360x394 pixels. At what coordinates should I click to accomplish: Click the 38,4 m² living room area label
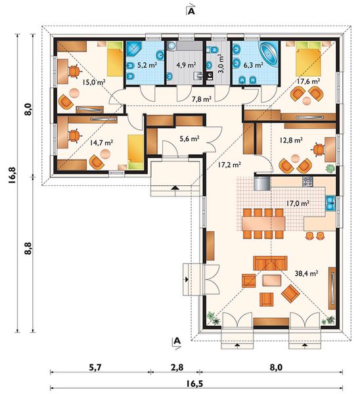coord(306,273)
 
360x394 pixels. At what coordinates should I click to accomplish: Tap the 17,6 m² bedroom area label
coord(308,81)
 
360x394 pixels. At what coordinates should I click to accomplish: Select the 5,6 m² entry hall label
coord(190,138)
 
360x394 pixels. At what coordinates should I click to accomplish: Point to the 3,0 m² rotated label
coord(221,63)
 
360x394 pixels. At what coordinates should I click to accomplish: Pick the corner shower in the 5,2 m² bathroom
coord(134,49)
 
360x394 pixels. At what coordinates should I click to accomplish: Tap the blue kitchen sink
coord(330,203)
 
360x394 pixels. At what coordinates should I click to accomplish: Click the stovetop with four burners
coord(307,181)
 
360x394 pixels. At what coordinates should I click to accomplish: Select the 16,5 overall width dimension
coord(194,384)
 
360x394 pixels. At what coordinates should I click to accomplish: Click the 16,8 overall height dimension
coord(13,176)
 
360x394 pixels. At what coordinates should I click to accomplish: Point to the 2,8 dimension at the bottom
coord(177,368)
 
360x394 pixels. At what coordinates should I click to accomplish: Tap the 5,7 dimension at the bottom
coord(95,368)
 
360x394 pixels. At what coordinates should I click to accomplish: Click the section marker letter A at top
coord(191,12)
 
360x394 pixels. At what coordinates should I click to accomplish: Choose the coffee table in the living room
coord(272,280)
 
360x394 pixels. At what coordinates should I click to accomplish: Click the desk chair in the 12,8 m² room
coord(318,149)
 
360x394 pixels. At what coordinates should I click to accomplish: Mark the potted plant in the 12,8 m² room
coord(330,168)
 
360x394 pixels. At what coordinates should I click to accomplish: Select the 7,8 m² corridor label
coord(202,99)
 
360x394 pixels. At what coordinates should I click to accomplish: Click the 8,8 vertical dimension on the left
coord(28,248)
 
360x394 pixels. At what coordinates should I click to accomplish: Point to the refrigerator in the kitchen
coord(261,183)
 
